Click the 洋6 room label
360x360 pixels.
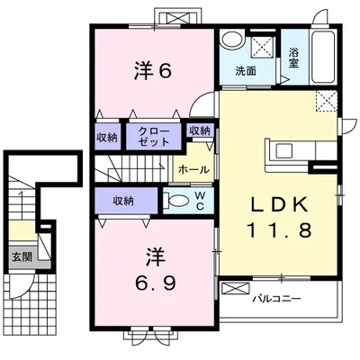tap(153, 71)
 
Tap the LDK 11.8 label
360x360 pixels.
tap(279, 217)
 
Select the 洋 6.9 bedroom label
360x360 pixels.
tap(156, 269)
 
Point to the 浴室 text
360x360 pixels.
tap(293, 58)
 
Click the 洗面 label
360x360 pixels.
tap(246, 71)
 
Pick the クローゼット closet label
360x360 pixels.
tap(154, 136)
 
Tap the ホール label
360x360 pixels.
tap(193, 170)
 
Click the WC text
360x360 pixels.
tap(201, 201)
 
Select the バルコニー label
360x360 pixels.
tap(276, 299)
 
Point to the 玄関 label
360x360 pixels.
tap(22, 256)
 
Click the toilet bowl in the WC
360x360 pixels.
tap(177, 200)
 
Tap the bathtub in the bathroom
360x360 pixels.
tap(324, 57)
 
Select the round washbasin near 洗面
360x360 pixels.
tap(231, 39)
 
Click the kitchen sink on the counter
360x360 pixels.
tap(284, 150)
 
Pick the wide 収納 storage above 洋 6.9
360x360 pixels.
tap(126, 201)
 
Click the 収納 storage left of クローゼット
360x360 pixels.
tap(107, 138)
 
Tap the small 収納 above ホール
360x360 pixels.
tap(200, 130)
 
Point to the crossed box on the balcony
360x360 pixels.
tap(235, 289)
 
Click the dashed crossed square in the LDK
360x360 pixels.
tap(327, 101)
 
